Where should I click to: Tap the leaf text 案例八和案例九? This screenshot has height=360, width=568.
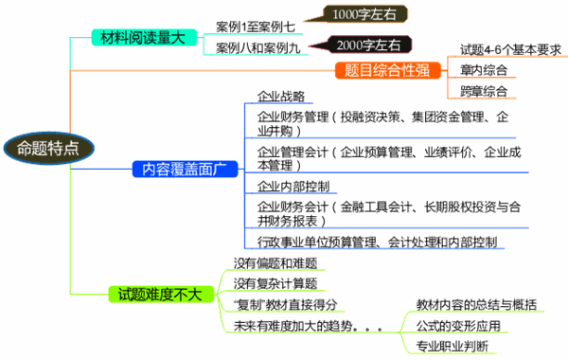pyautogui.click(x=256, y=46)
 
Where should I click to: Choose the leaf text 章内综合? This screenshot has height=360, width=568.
pyautogui.click(x=484, y=70)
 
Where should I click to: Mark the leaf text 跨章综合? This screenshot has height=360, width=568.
pyautogui.click(x=484, y=92)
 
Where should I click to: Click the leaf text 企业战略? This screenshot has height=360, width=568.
pyautogui.click(x=281, y=97)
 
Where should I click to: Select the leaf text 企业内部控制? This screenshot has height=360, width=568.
pyautogui.click(x=293, y=186)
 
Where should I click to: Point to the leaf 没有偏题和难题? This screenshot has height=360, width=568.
pyautogui.click(x=275, y=262)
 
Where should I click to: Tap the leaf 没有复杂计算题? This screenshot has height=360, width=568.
pyautogui.click(x=275, y=283)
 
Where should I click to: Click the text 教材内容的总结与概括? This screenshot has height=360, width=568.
pyautogui.click(x=477, y=304)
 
